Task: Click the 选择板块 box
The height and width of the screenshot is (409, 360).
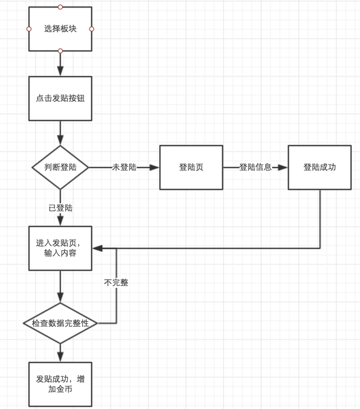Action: [60, 29]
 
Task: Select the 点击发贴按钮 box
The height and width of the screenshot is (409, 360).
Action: [60, 98]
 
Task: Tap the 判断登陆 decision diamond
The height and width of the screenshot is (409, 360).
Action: [60, 167]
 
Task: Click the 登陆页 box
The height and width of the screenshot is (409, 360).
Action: [191, 167]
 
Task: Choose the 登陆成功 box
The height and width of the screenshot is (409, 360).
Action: [320, 167]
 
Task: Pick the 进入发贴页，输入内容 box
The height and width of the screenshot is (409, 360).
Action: [60, 248]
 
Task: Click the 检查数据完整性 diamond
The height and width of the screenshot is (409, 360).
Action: [60, 323]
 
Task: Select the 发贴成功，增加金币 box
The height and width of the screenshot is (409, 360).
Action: [60, 384]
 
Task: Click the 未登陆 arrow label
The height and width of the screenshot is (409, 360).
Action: [124, 167]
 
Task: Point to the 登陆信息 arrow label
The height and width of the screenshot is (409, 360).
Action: [255, 167]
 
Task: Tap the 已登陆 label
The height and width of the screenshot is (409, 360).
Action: [60, 208]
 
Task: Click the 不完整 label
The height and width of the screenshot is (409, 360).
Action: [116, 282]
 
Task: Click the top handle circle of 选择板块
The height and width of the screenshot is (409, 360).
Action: [60, 7]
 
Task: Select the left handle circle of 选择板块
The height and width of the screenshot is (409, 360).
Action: [29, 29]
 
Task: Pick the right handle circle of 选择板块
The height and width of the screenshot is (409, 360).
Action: [92, 29]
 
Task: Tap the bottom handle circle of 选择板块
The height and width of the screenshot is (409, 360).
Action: [60, 51]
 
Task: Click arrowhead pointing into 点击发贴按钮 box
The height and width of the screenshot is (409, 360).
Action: [60, 71]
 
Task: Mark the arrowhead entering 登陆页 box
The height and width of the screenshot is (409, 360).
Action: [154, 167]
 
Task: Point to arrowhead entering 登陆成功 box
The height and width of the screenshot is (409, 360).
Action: [282, 167]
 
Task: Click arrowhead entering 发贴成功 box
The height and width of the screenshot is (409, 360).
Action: [60, 356]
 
